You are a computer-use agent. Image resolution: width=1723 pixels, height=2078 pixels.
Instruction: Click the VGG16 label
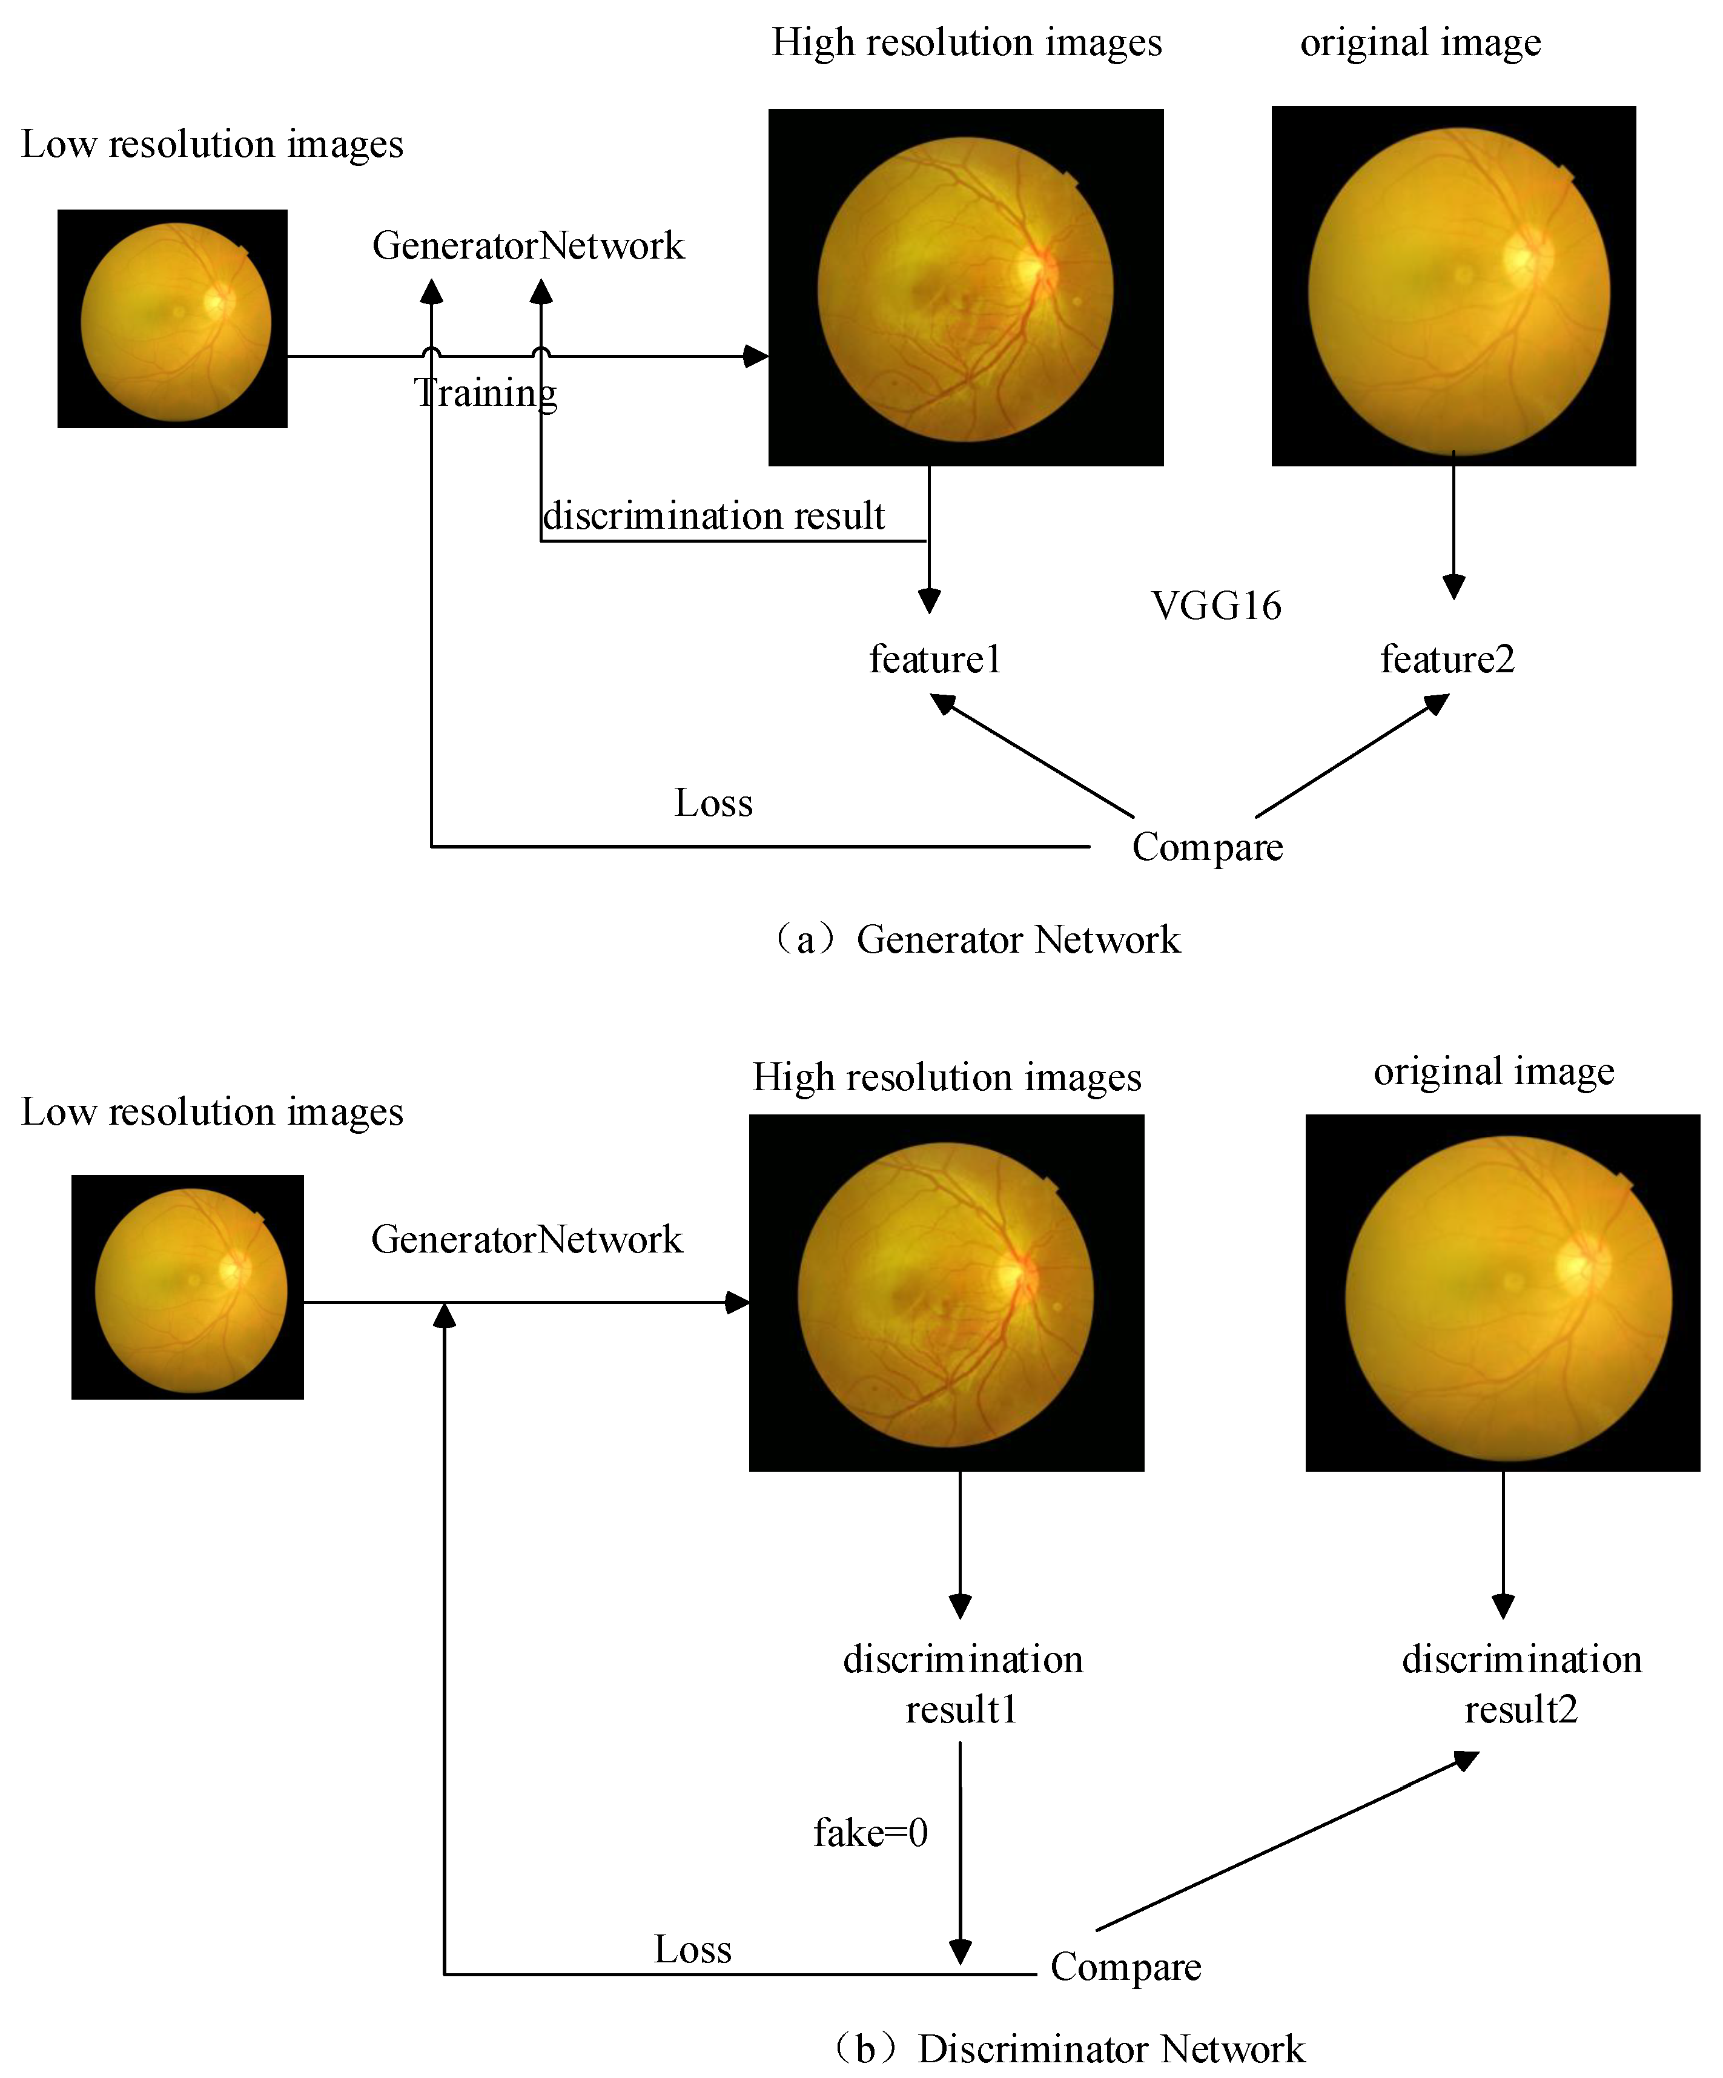(1216, 606)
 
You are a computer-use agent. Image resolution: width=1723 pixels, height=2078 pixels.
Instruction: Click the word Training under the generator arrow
(485, 393)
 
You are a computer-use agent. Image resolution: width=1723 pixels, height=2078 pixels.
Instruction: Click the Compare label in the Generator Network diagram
(1208, 847)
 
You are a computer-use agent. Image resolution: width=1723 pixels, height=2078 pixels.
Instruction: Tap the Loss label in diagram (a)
(713, 802)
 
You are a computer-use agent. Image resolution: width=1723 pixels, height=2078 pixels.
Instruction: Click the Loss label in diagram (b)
(693, 1950)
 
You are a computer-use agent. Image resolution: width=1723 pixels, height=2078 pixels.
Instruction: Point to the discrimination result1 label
(962, 1684)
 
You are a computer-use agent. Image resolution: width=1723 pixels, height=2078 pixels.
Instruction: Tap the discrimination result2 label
(1521, 1684)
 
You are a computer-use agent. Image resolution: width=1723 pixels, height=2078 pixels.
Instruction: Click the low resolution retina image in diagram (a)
(173, 319)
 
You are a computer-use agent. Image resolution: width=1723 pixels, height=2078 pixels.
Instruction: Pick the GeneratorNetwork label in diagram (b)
(526, 1239)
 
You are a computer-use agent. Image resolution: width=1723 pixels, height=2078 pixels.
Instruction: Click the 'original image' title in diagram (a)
(1420, 42)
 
